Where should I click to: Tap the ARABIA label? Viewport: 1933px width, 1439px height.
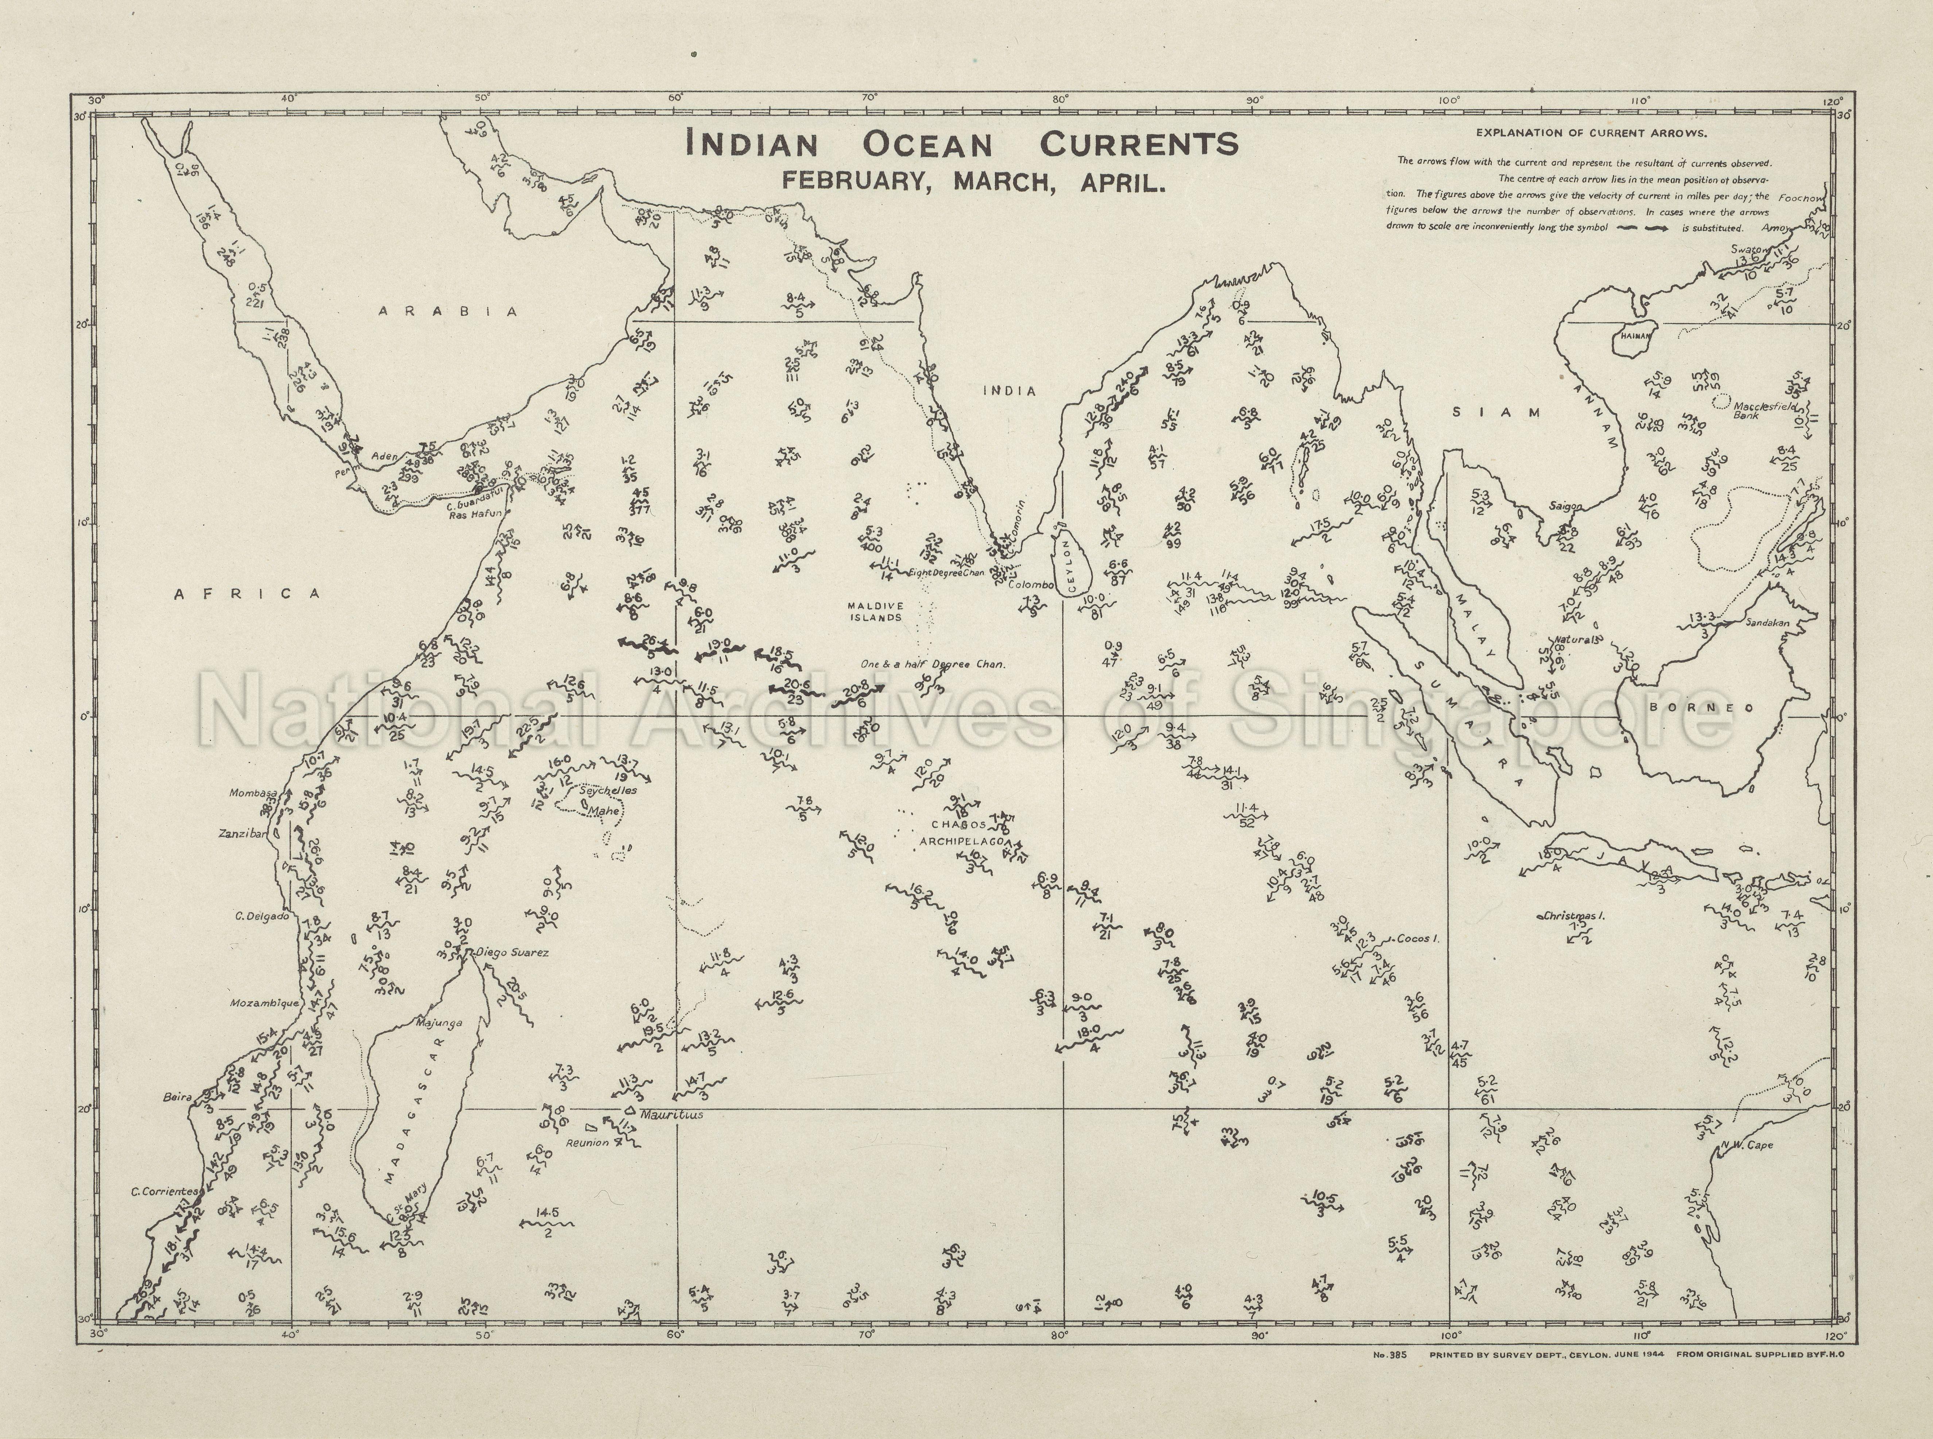pos(449,312)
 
